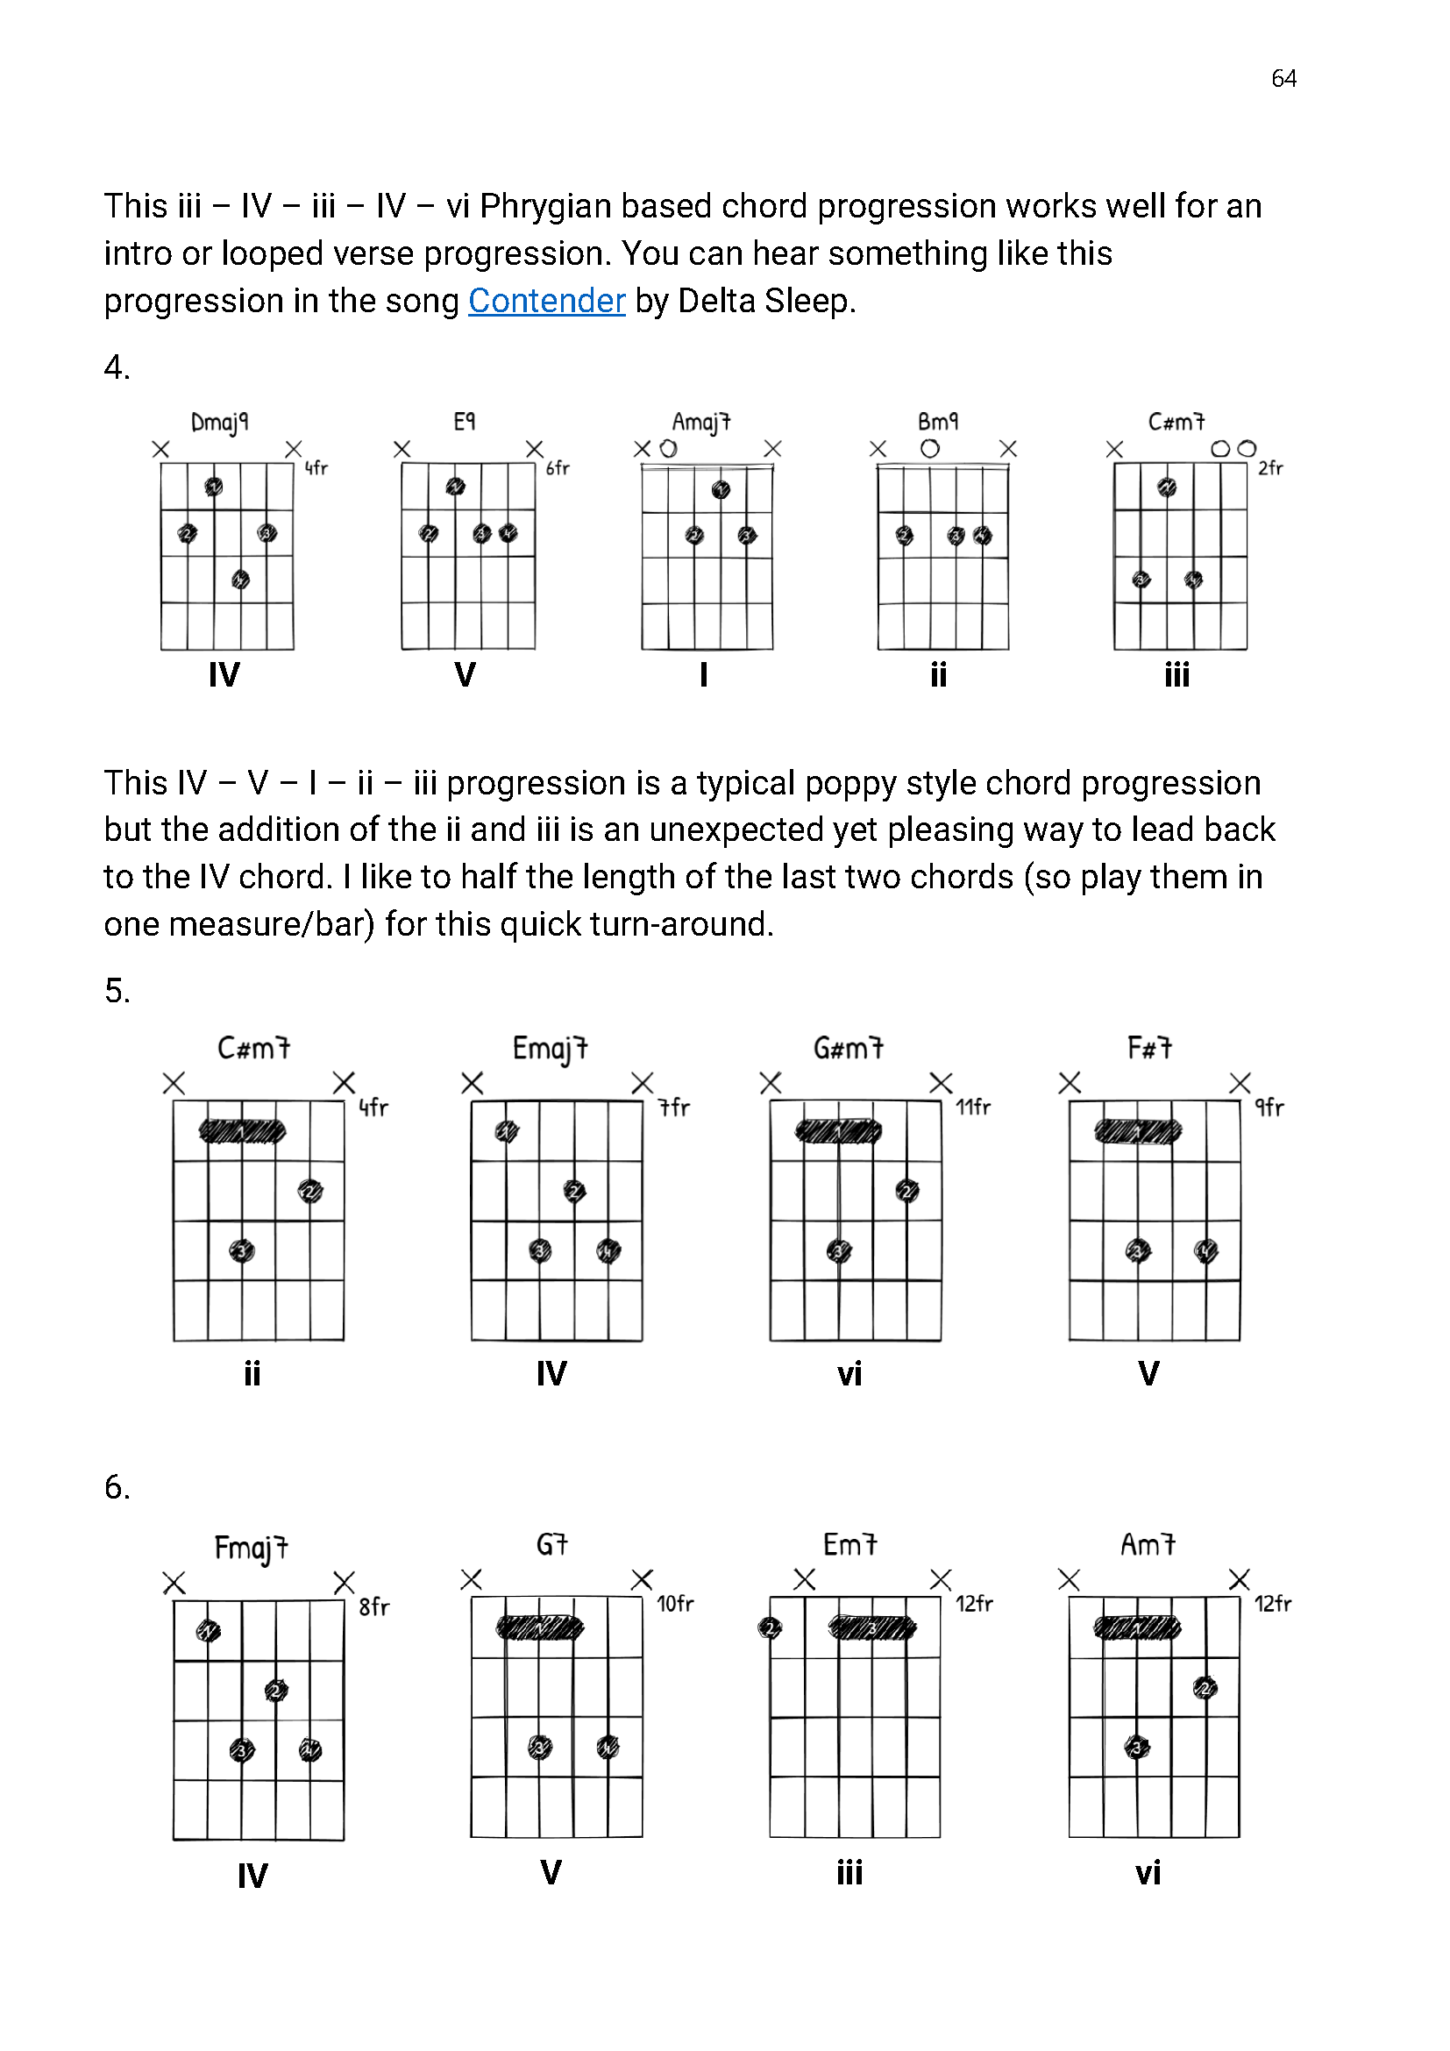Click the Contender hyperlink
pyautogui.click(x=546, y=301)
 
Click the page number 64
pyautogui.click(x=1283, y=79)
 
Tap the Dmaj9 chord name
pyautogui.click(x=220, y=422)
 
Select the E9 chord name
pyautogui.click(x=465, y=421)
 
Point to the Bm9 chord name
pyautogui.click(x=937, y=421)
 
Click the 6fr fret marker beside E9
pyautogui.click(x=558, y=468)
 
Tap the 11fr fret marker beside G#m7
pyautogui.click(x=973, y=1107)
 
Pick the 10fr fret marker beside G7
pyautogui.click(x=675, y=1604)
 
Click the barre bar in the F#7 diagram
pyautogui.click(x=1138, y=1132)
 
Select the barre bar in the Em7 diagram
pyautogui.click(x=872, y=1627)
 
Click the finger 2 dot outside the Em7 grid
pyautogui.click(x=770, y=1627)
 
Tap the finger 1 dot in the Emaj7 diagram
pyautogui.click(x=506, y=1132)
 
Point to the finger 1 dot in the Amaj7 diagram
pyautogui.click(x=721, y=489)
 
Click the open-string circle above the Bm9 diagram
pyautogui.click(x=929, y=448)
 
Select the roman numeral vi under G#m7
pyautogui.click(x=849, y=1373)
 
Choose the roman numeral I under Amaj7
pyautogui.click(x=704, y=674)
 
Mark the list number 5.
pyautogui.click(x=117, y=991)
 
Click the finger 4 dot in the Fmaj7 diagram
pyautogui.click(x=309, y=1749)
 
